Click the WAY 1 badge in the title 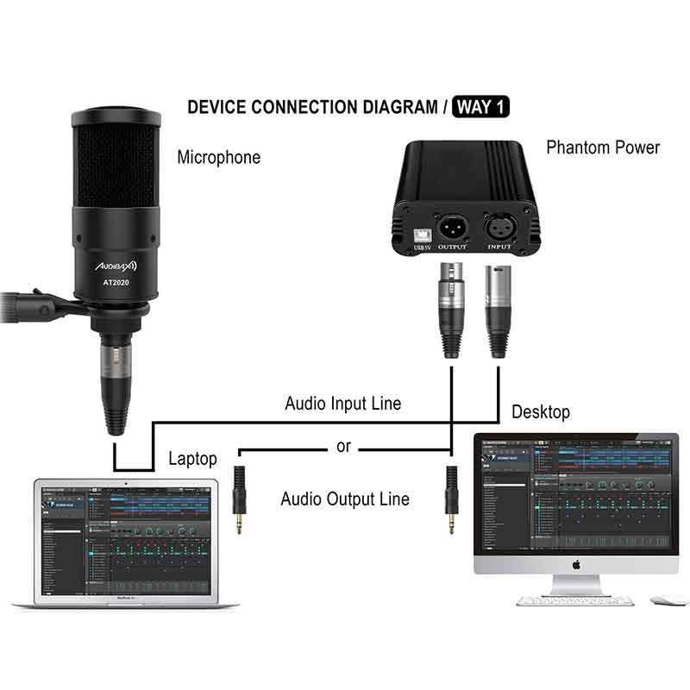tap(481, 107)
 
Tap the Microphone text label tap(218, 157)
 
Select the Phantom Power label tap(603, 147)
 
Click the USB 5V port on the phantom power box tap(422, 232)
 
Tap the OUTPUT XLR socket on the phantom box tap(452, 228)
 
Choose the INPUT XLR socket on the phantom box tap(500, 228)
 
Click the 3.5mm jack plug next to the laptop tap(239, 499)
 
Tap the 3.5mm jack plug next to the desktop tap(449, 499)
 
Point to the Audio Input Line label tap(343, 403)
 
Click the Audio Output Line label tap(345, 499)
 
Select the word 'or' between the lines tap(344, 448)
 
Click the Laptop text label tap(192, 459)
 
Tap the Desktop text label tap(541, 411)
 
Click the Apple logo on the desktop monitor tap(575, 565)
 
